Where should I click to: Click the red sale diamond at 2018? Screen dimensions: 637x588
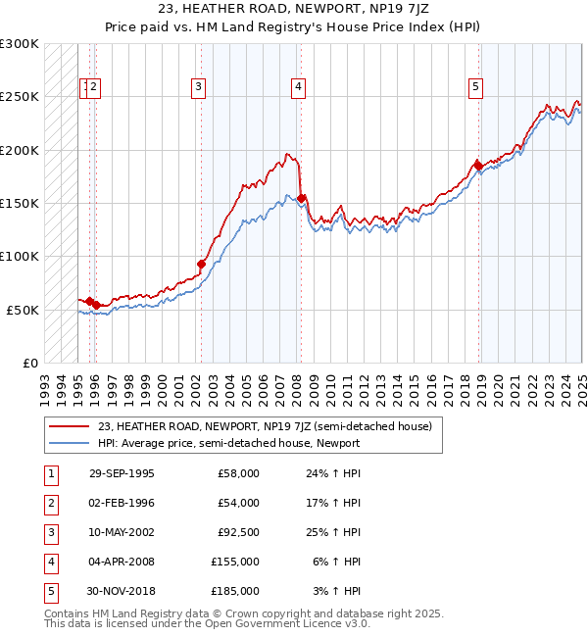click(478, 166)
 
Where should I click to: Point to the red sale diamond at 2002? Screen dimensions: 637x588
click(201, 264)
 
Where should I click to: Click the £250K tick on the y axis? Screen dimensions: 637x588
click(20, 97)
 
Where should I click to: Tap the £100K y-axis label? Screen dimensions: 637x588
click(20, 256)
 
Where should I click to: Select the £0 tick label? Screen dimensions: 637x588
click(28, 363)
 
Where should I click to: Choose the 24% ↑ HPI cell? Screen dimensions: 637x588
click(333, 473)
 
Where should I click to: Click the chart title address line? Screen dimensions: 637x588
click(293, 11)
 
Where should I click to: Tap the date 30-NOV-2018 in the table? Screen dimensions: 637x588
click(122, 591)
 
